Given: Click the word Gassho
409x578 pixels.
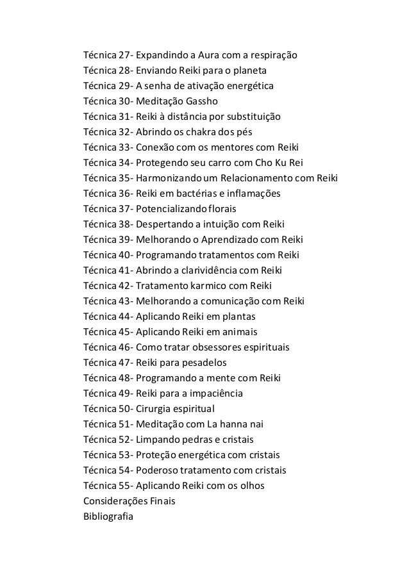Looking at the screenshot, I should click(207, 101).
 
